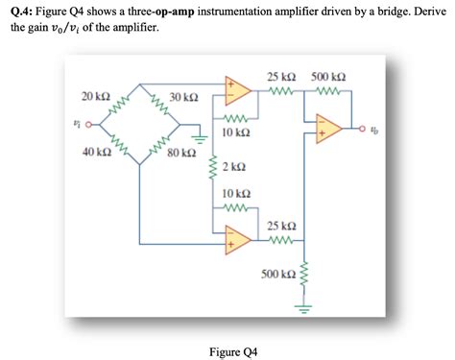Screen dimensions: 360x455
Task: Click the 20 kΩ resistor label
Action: coord(96,97)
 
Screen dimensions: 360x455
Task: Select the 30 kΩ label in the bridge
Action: coord(183,98)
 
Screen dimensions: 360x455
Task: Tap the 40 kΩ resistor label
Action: coord(96,153)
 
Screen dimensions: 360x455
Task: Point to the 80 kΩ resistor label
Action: coord(181,153)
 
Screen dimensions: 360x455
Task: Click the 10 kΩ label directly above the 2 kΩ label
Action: coord(236,133)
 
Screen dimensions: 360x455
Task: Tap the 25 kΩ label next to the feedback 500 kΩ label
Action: coord(281,76)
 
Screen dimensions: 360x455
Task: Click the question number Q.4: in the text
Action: coord(22,11)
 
